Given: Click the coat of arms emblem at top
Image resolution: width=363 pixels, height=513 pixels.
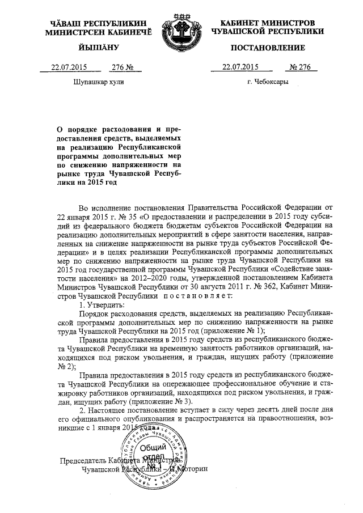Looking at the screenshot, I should click(181, 34).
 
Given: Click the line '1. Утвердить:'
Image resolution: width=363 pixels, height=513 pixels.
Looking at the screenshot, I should click(103, 304).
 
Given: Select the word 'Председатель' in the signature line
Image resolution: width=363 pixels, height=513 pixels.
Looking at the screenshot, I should click(84, 460).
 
